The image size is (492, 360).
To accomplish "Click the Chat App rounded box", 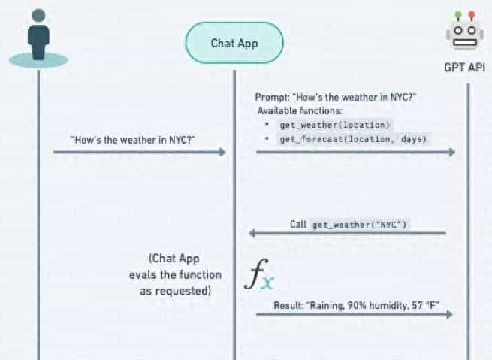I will tap(234, 44).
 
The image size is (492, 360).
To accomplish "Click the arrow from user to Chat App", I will tap(139, 152).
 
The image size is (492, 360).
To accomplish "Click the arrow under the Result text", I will tap(354, 314).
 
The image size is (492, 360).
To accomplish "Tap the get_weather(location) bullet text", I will tap(335, 124).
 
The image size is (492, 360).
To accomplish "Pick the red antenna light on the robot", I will tap(472, 14).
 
